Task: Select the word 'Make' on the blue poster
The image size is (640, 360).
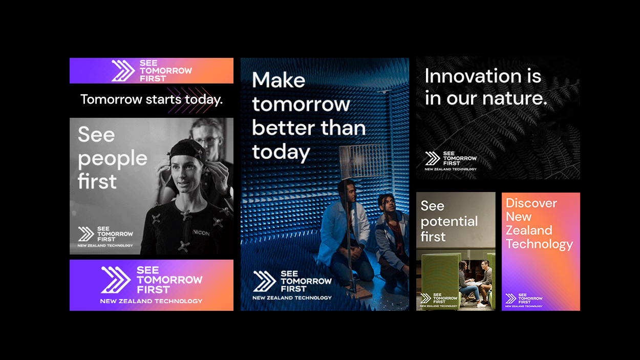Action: click(279, 80)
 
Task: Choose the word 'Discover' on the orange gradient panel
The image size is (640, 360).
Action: click(531, 203)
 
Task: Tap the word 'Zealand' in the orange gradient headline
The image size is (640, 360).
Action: click(529, 230)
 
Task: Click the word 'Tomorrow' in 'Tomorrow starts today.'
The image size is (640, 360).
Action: click(111, 99)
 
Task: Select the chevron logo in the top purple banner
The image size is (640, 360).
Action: click(123, 71)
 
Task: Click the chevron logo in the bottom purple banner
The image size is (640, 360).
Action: click(115, 280)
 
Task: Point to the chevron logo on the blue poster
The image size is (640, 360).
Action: click(265, 282)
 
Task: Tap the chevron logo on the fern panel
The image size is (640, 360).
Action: click(432, 159)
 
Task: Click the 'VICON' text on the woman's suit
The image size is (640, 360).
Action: click(201, 233)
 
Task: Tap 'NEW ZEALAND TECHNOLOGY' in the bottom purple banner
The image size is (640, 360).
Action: click(151, 301)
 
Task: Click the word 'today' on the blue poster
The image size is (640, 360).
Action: click(281, 153)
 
